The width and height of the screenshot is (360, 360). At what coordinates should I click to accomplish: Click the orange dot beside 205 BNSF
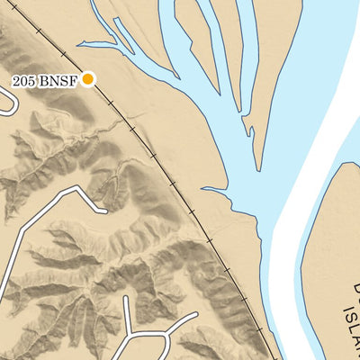point(88,79)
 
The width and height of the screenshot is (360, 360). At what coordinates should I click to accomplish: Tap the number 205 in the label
point(24,80)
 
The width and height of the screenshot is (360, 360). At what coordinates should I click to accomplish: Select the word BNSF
point(58,80)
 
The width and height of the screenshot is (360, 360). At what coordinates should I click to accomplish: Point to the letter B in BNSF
point(42,80)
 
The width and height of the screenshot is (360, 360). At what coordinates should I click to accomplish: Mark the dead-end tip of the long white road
point(104,211)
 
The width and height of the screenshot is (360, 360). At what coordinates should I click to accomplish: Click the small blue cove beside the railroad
point(216,191)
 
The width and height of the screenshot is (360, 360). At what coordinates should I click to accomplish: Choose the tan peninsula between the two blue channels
point(207,36)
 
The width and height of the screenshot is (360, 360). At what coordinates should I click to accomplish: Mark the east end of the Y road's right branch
point(194,317)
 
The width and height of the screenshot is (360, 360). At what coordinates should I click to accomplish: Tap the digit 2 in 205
point(17,80)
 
